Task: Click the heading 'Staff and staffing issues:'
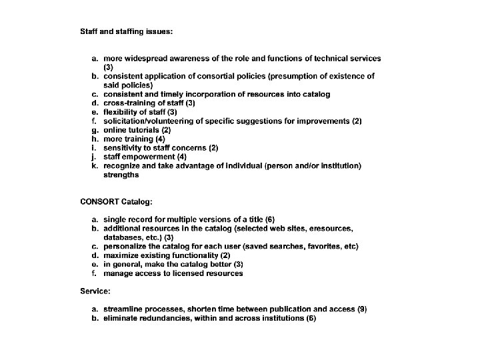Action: pyautogui.click(x=127, y=31)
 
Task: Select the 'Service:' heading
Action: pyautogui.click(x=95, y=291)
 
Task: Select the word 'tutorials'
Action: pyautogui.click(x=143, y=130)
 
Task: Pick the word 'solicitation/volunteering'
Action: pyautogui.click(x=151, y=121)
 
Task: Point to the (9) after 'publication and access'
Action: pyautogui.click(x=362, y=309)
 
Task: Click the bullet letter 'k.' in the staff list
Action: pyautogui.click(x=95, y=165)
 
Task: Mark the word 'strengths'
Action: pyautogui.click(x=121, y=175)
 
